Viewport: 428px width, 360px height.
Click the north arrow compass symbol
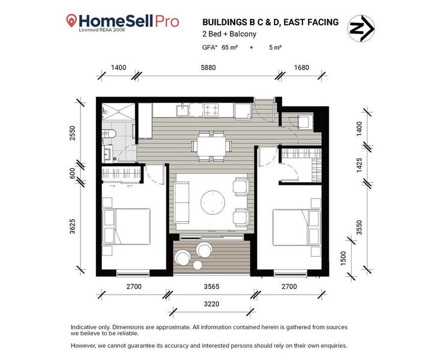(x=361, y=28)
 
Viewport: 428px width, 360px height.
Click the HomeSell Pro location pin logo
(x=71, y=21)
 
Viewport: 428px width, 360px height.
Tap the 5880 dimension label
(x=208, y=67)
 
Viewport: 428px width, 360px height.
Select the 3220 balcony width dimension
(x=211, y=304)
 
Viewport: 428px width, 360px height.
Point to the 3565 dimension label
(x=211, y=287)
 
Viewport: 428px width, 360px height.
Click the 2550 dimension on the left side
(x=73, y=133)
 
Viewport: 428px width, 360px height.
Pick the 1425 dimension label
(x=359, y=165)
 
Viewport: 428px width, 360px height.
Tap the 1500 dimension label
(x=343, y=258)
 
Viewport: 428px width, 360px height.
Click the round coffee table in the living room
(x=213, y=202)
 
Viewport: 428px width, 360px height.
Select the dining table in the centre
(x=211, y=146)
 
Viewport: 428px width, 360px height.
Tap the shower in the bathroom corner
(x=118, y=112)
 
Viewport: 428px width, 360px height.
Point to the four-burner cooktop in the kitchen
(x=211, y=110)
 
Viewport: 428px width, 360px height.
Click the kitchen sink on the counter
(x=182, y=110)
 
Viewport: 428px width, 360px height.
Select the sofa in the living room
(x=181, y=203)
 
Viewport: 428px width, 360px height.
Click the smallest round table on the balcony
(x=197, y=265)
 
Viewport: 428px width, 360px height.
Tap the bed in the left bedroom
(x=127, y=227)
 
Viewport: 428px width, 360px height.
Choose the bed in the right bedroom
(x=297, y=227)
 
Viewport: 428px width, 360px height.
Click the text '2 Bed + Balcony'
(x=229, y=34)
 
